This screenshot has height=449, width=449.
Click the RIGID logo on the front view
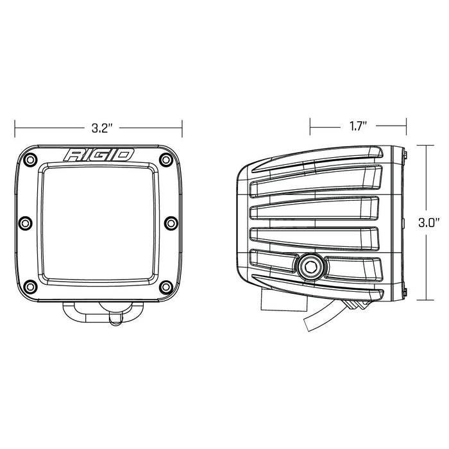[98, 155]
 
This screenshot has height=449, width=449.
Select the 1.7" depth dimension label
[357, 126]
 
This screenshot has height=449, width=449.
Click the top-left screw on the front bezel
[31, 159]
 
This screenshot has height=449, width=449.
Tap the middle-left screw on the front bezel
[25, 223]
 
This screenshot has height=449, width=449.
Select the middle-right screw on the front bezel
[171, 223]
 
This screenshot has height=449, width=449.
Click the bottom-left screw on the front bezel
[31, 286]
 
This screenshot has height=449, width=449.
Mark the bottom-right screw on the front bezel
[165, 286]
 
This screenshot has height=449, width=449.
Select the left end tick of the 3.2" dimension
[15, 128]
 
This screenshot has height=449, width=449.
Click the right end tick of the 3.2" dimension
[183, 128]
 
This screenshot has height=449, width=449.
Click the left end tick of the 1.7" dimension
[310, 126]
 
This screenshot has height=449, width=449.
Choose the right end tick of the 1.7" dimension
[406, 126]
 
